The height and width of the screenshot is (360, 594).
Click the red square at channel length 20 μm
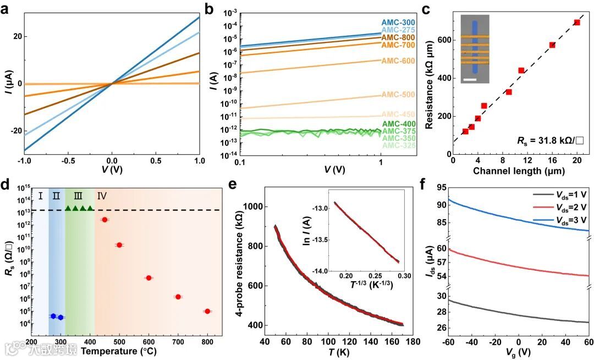point(577,23)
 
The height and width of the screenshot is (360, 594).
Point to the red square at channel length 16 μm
point(552,45)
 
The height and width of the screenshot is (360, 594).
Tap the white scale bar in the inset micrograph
point(469,80)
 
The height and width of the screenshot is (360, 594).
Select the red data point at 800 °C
point(207,312)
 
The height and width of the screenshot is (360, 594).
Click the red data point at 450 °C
point(105,220)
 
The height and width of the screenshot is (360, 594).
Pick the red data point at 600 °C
point(148,278)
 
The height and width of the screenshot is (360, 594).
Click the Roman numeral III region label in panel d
point(78,195)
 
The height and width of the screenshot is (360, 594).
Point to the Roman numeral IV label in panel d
point(102,195)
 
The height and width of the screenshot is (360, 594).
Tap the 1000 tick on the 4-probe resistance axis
point(255,206)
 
